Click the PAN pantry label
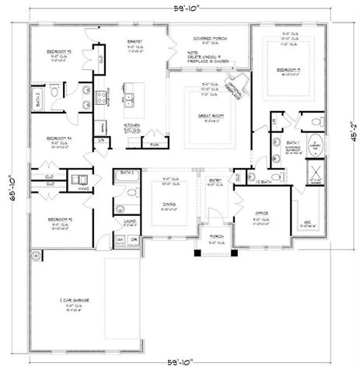[x=154, y=144]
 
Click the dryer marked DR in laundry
[x=133, y=239]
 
